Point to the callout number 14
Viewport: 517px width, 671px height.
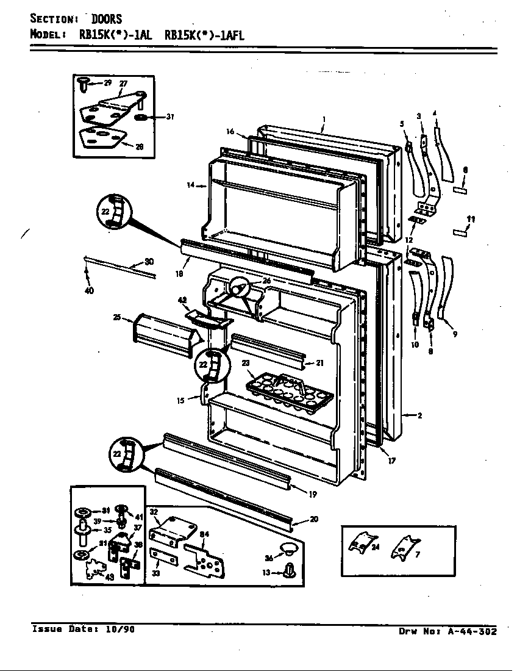pos(190,184)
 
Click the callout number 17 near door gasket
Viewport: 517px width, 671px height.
pos(391,461)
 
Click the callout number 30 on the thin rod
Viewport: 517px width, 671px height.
pos(149,262)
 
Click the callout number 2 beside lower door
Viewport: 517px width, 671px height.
pos(419,416)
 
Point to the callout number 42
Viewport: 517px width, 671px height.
pos(182,299)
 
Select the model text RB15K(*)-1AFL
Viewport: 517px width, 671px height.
pos(204,35)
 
